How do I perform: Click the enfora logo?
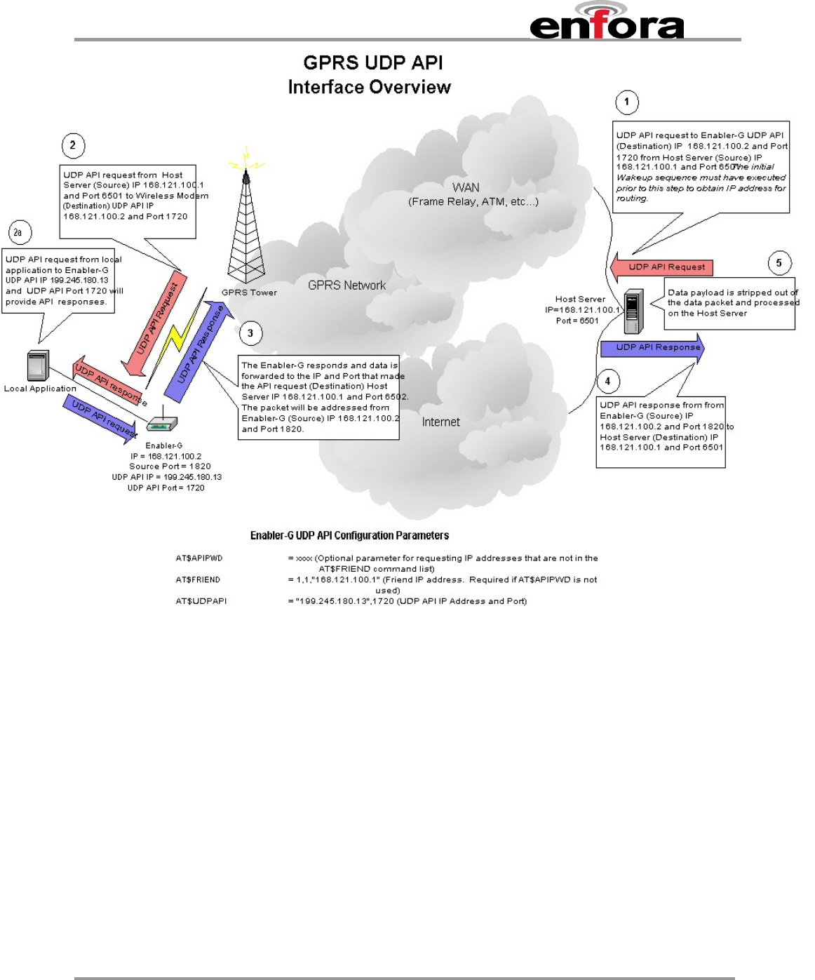coord(607,22)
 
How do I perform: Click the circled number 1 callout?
coord(626,102)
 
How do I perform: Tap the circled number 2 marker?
coord(73,145)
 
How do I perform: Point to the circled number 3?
coord(250,333)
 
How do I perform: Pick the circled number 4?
coord(607,381)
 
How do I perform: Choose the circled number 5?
coord(779,263)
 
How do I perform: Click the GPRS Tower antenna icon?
coord(246,224)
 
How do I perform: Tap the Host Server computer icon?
coord(633,311)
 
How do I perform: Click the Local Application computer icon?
coord(37,365)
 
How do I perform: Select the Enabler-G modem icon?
coord(162,423)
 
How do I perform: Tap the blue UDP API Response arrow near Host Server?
coord(652,348)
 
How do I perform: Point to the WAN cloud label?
coord(466,187)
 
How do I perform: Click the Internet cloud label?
coord(440,422)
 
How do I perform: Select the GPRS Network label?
coord(346,285)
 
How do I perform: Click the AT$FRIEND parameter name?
coord(198,579)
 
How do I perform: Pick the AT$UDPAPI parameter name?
coord(201,601)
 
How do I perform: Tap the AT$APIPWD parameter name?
coord(199,558)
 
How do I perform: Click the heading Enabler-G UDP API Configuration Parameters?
coord(349,535)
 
